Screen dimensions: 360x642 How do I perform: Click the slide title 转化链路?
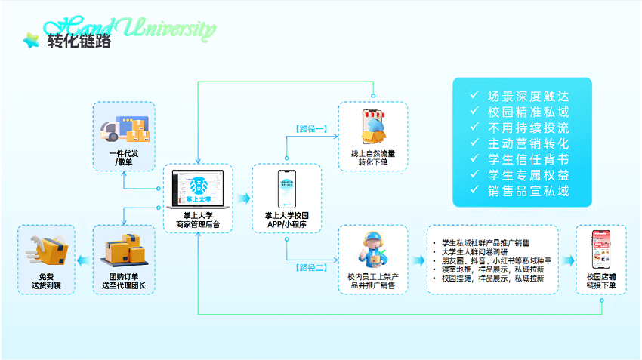(78, 41)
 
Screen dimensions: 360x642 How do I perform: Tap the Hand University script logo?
(151, 27)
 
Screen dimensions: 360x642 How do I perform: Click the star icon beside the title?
(31, 40)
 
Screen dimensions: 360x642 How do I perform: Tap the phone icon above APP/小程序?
(286, 188)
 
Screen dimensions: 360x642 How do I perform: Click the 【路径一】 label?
(310, 129)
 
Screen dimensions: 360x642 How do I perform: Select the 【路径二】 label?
(310, 266)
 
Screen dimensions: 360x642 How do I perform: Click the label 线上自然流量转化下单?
(372, 158)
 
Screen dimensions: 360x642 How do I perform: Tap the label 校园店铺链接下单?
(601, 282)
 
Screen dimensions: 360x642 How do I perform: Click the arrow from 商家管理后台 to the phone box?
(242, 198)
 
